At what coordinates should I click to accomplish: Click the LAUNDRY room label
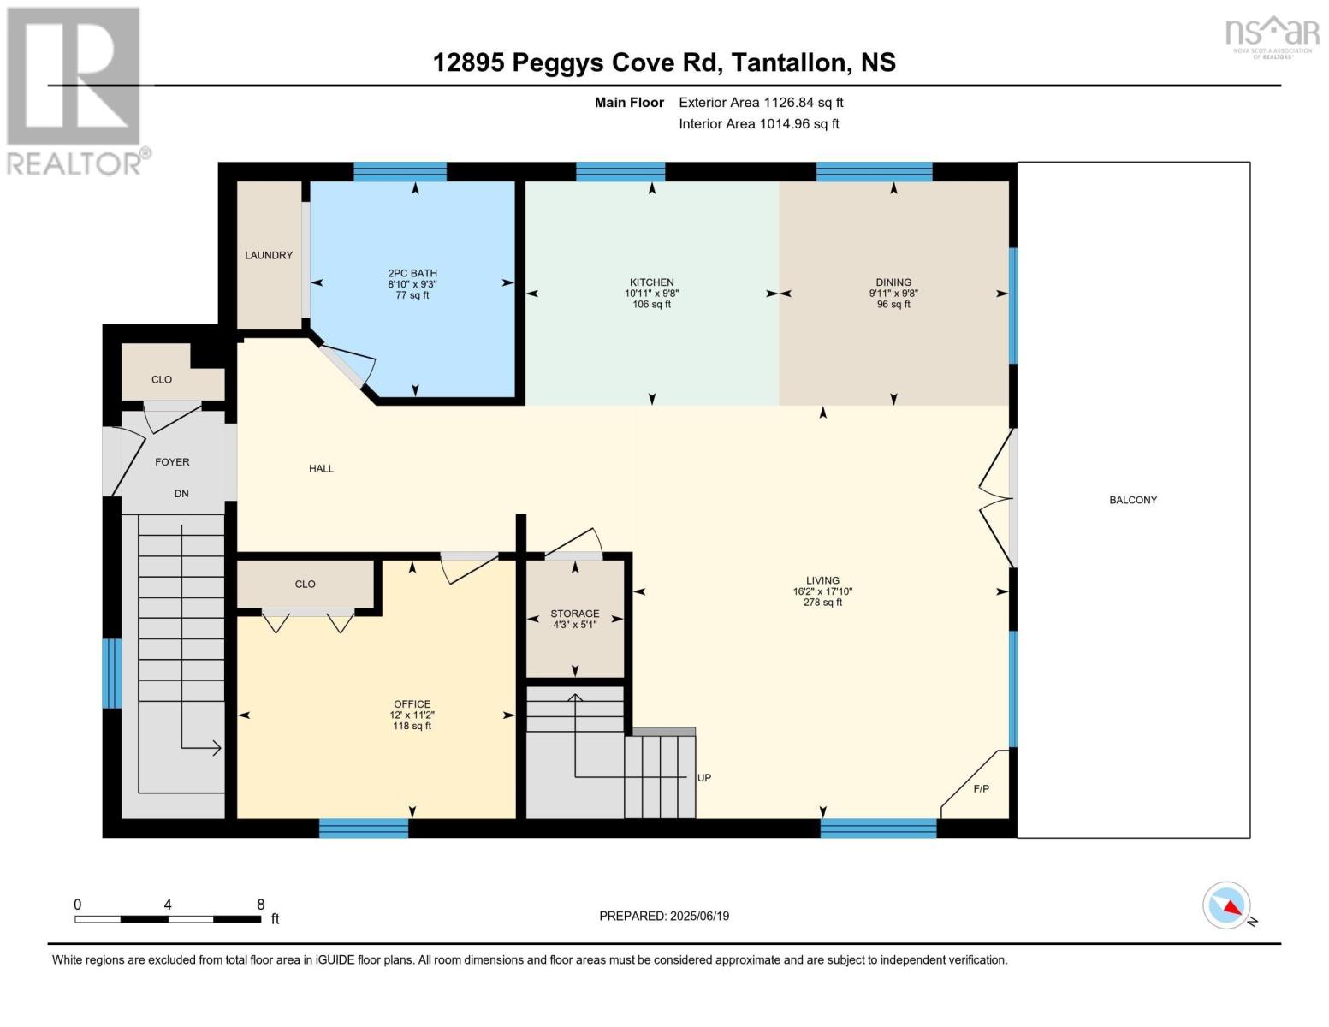(x=269, y=255)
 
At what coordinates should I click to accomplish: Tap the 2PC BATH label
(x=412, y=273)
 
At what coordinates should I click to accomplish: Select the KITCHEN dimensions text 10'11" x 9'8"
(x=651, y=294)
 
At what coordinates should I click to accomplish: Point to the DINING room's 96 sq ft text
(x=893, y=305)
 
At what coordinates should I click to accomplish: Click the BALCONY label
(x=1132, y=500)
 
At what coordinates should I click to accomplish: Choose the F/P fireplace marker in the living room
(x=981, y=788)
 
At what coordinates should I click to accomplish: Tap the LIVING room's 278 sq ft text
(x=822, y=603)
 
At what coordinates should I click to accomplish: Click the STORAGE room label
(x=574, y=614)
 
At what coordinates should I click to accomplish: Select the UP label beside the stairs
(x=703, y=778)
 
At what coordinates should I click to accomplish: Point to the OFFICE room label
(x=412, y=704)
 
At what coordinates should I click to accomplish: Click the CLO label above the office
(x=305, y=585)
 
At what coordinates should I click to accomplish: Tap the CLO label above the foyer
(x=162, y=379)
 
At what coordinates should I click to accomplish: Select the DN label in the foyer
(x=181, y=494)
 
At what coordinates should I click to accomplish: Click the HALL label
(x=321, y=468)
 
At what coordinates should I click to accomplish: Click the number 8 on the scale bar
(x=260, y=905)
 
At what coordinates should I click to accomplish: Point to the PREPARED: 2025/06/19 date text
(x=663, y=916)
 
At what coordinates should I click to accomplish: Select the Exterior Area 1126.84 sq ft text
(x=761, y=103)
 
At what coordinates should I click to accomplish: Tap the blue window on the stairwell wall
(x=112, y=674)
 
